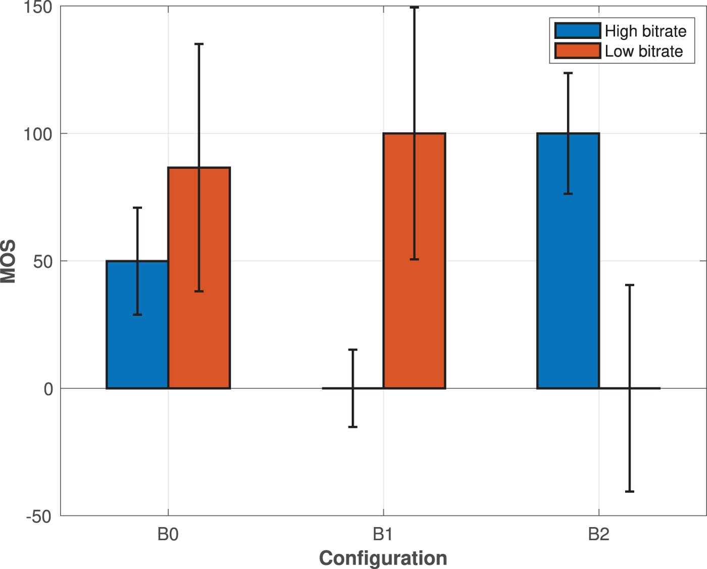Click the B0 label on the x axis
(x=168, y=534)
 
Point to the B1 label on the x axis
(x=383, y=534)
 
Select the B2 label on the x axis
(x=598, y=534)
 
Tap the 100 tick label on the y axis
(x=38, y=134)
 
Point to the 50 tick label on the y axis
(x=43, y=262)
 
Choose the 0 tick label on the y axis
(x=48, y=389)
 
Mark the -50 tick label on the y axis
(x=39, y=516)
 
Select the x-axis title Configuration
(x=383, y=558)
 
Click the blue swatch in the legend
(x=577, y=31)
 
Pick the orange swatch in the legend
(x=577, y=51)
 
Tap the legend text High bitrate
(x=645, y=31)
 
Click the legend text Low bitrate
(x=643, y=51)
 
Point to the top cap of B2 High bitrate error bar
(x=568, y=73)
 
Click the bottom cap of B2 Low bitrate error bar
(x=630, y=491)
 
